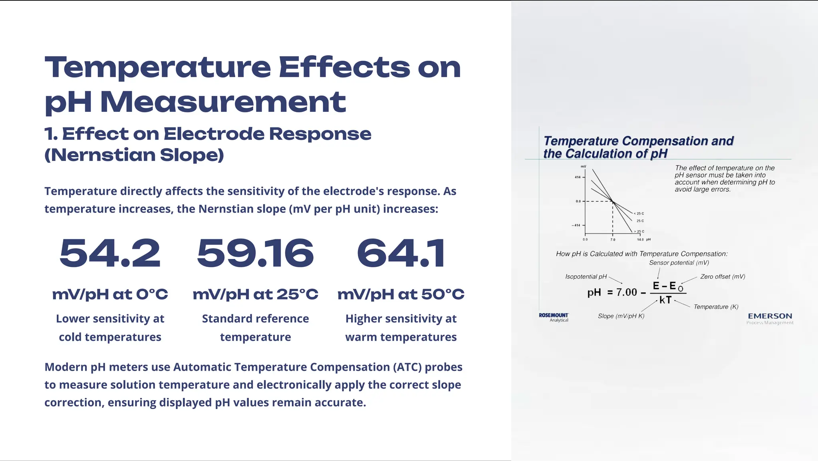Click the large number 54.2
click(x=110, y=253)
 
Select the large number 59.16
click(x=255, y=253)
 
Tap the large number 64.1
click(x=401, y=253)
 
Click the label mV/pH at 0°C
click(x=110, y=294)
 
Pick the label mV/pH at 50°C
click(x=401, y=294)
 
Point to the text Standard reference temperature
click(x=255, y=328)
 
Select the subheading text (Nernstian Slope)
click(x=134, y=155)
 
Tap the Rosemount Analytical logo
click(x=554, y=317)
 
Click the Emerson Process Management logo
click(x=770, y=318)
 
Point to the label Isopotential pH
click(x=586, y=276)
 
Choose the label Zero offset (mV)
click(x=723, y=276)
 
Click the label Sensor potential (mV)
click(x=679, y=262)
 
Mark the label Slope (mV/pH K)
click(x=621, y=316)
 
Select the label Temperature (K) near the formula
click(x=716, y=307)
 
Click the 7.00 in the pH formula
click(x=626, y=292)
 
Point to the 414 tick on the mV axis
click(x=578, y=177)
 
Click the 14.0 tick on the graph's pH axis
click(x=640, y=240)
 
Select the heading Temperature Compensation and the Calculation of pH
click(x=638, y=147)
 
